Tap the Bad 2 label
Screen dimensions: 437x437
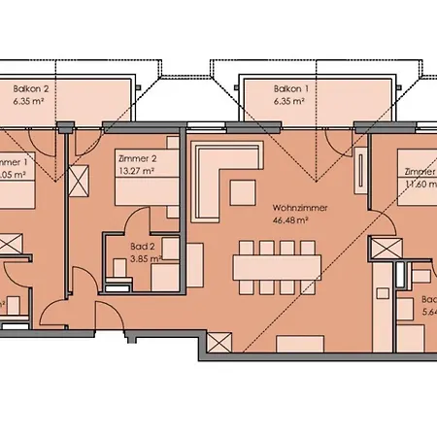point(144,247)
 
